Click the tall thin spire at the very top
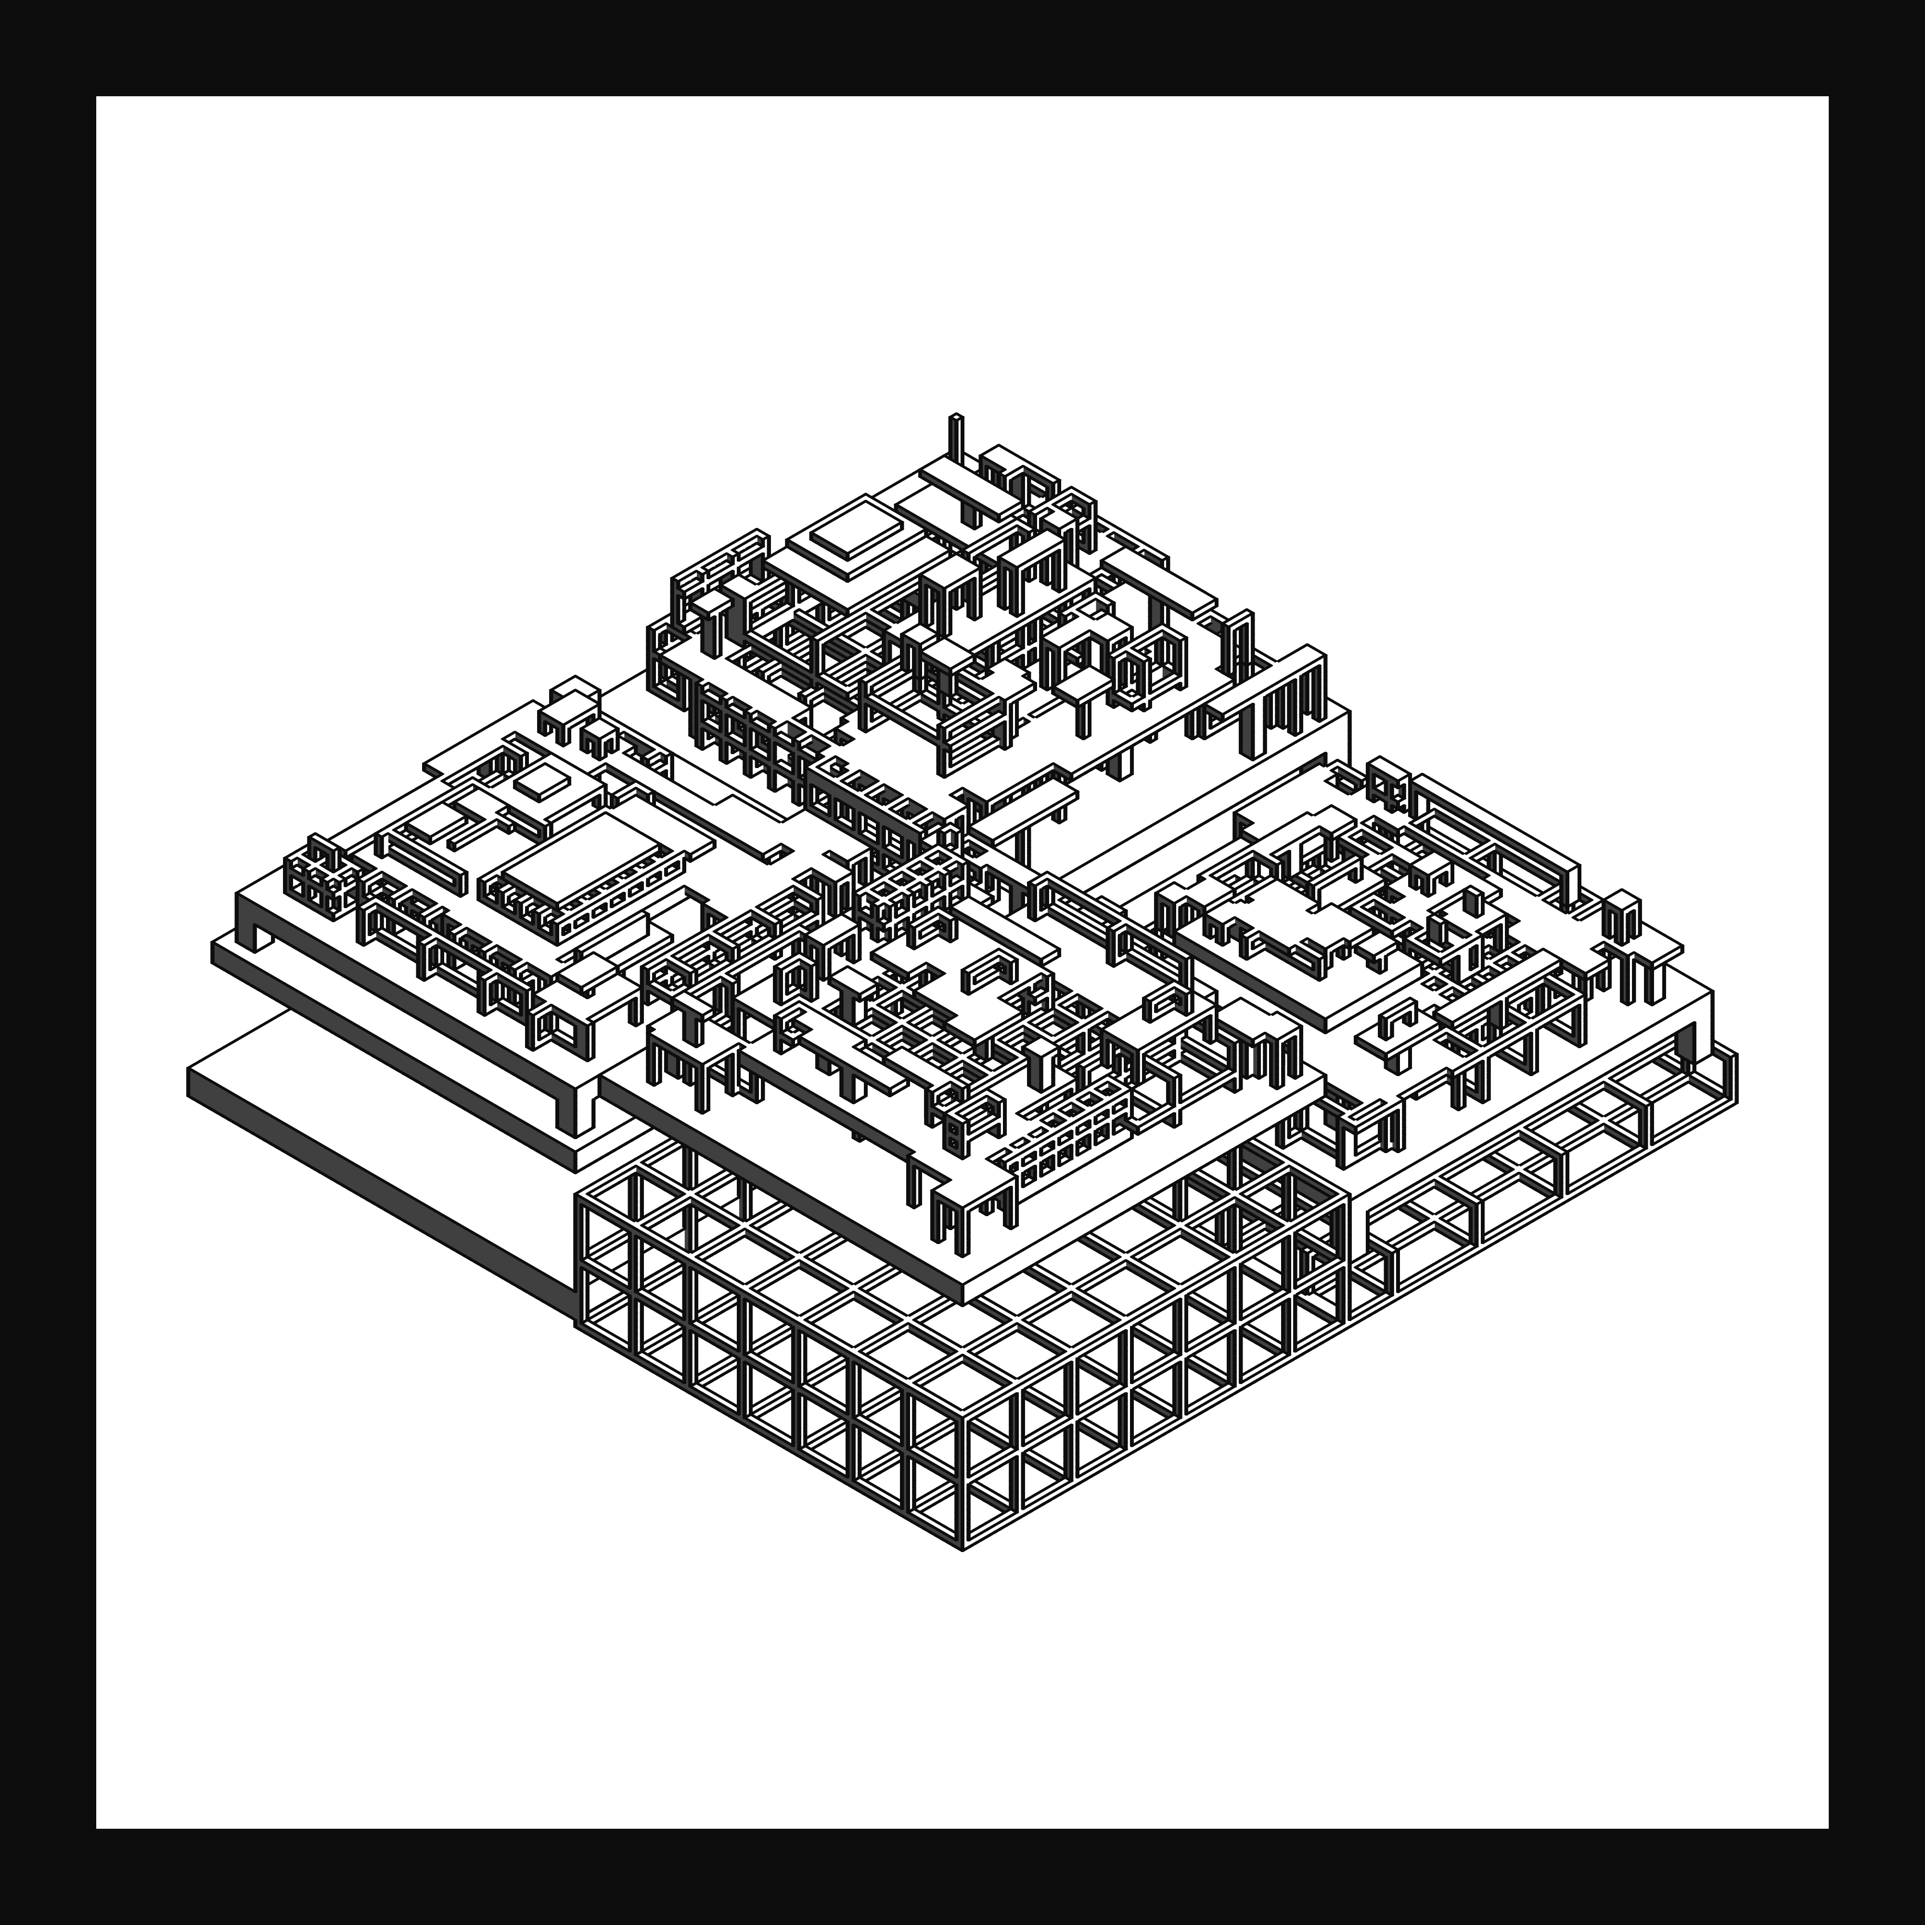pyautogui.click(x=956, y=438)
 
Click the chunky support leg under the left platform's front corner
pyautogui.click(x=568, y=1106)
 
